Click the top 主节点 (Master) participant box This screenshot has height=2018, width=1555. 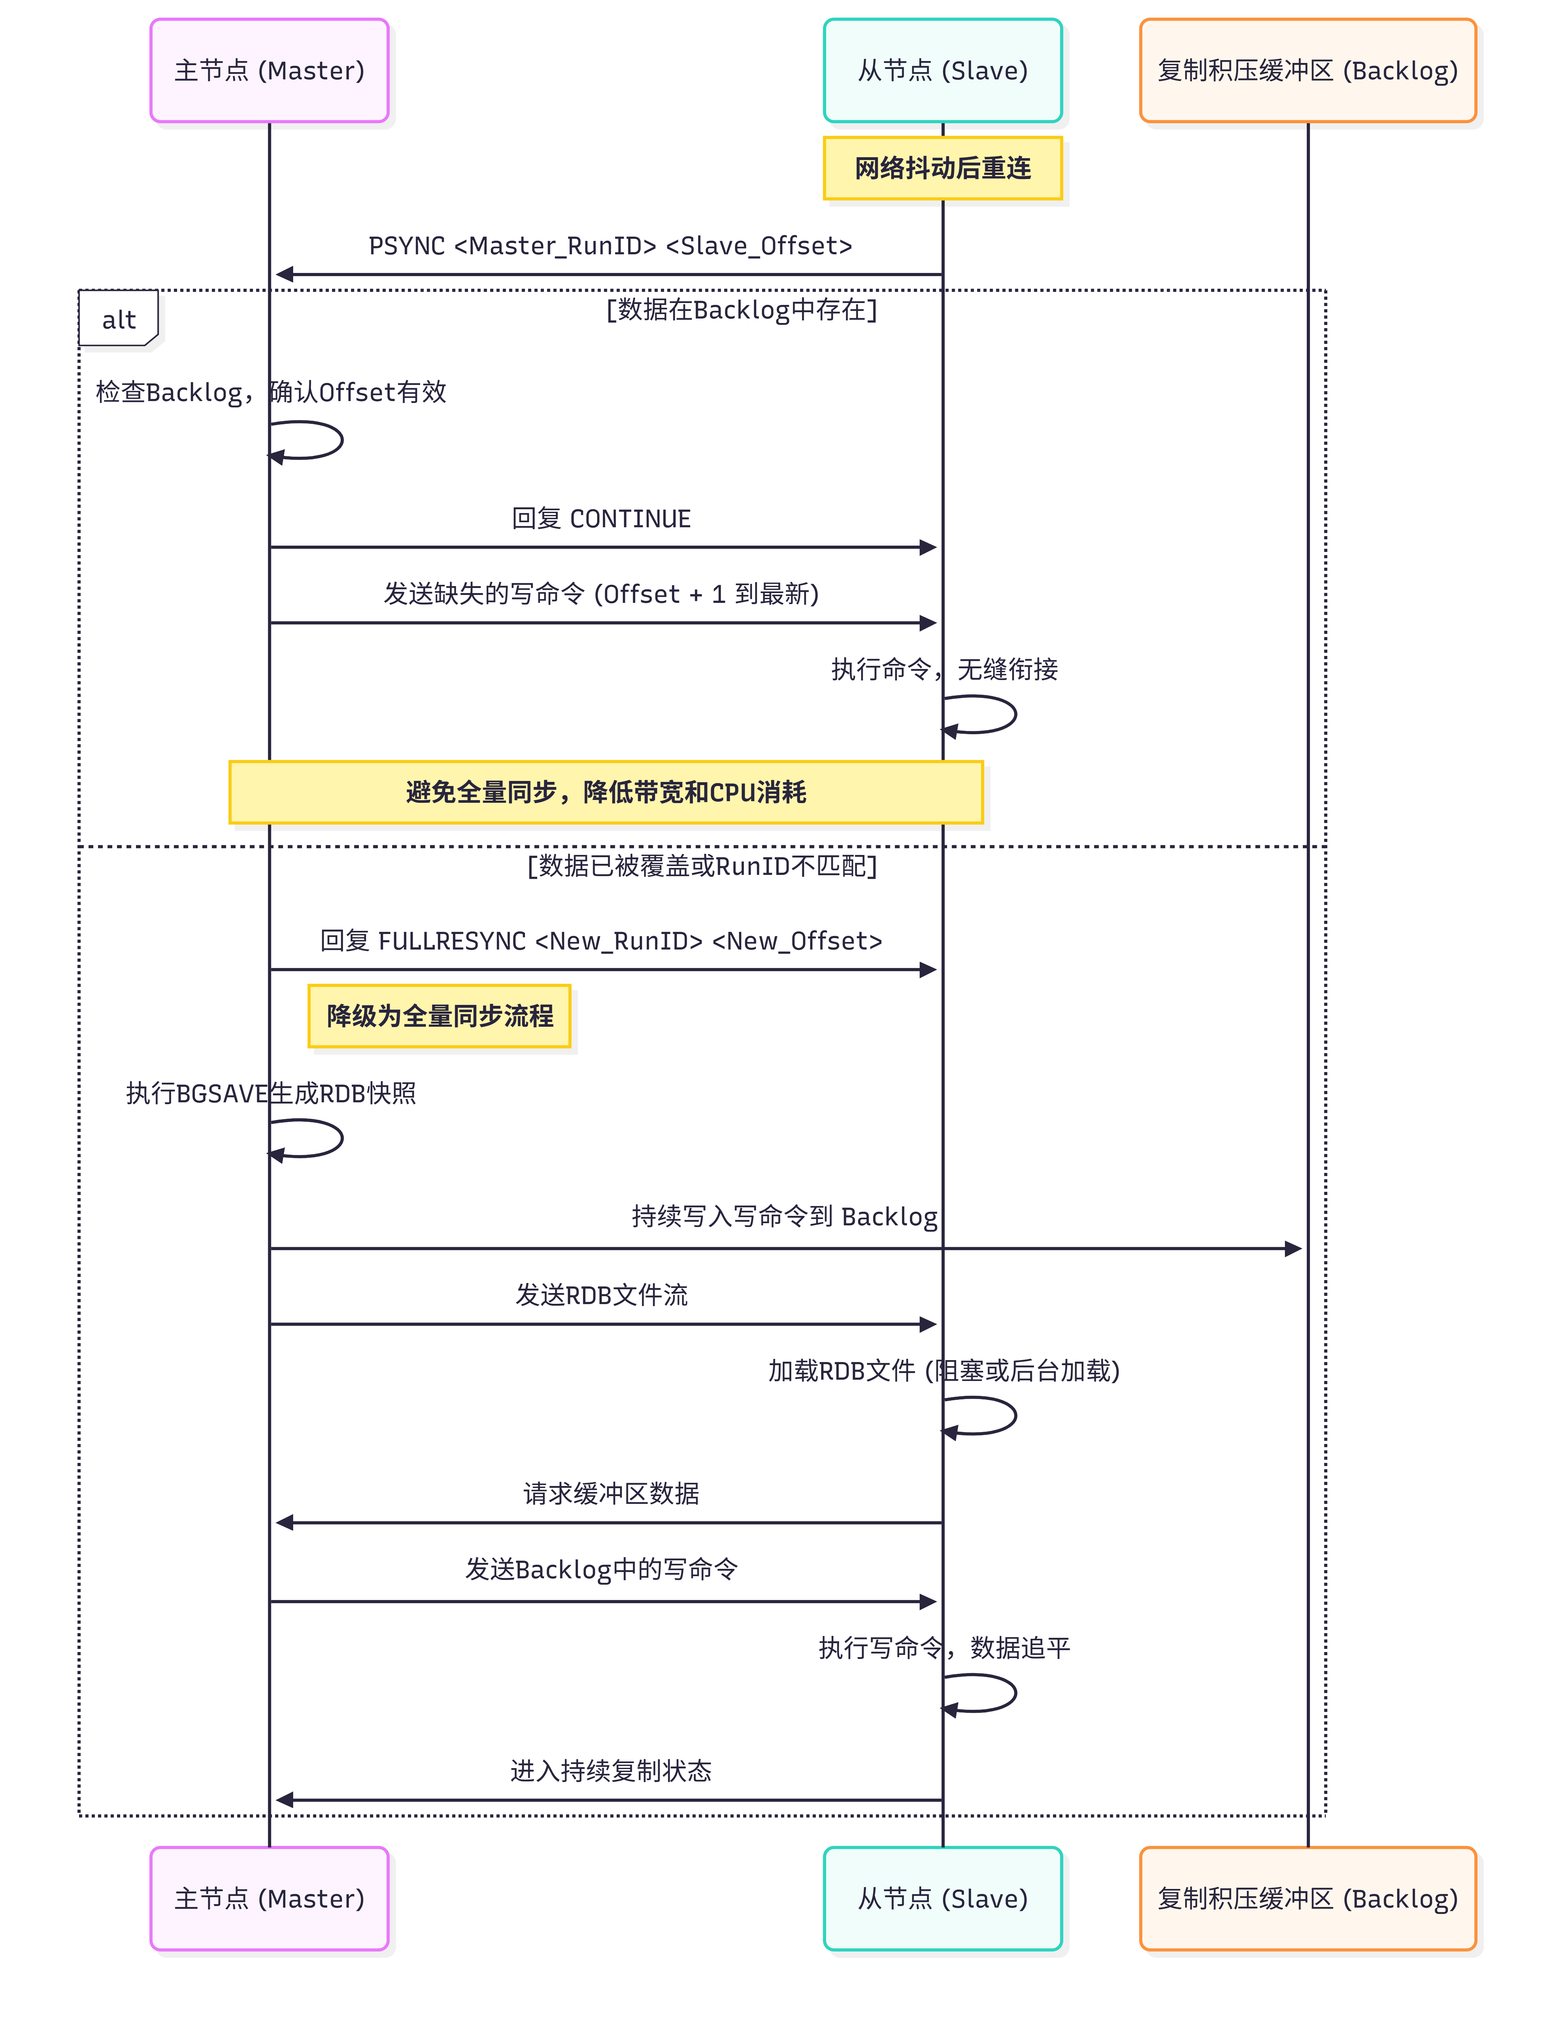pyautogui.click(x=269, y=70)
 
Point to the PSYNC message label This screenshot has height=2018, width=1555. pyautogui.click(x=610, y=246)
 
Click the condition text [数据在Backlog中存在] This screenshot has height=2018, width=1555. pyautogui.click(x=741, y=310)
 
